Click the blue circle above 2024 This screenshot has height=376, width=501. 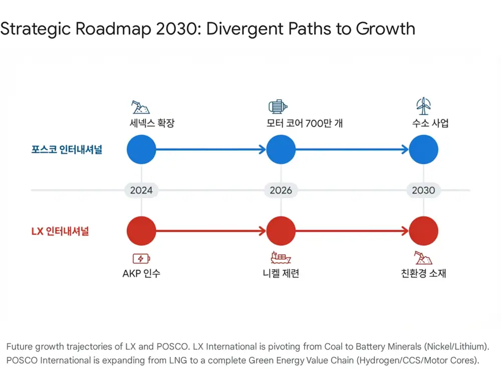point(141,149)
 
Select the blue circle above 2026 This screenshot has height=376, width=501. point(281,149)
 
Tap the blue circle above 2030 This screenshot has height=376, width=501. point(423,149)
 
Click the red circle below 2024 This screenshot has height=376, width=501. point(141,231)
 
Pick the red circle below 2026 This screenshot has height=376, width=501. point(281,231)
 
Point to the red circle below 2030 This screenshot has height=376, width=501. point(423,231)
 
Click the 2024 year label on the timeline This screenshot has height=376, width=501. point(141,190)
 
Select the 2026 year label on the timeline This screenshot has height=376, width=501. point(281,190)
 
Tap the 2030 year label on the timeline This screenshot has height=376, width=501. point(423,190)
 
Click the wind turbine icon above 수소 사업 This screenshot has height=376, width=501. point(423,106)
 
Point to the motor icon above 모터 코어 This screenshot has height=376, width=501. point(278,106)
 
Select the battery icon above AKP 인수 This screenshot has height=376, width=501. point(141,258)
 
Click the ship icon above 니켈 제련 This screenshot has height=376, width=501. point(281,257)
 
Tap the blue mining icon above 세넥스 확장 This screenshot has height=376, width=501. point(140,107)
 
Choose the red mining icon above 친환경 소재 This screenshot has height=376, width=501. point(423,258)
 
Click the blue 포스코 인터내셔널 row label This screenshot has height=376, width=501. point(67,149)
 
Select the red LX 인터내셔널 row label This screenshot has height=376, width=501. point(60,231)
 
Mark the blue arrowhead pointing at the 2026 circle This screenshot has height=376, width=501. point(263,149)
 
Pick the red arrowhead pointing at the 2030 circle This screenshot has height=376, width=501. point(405,231)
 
